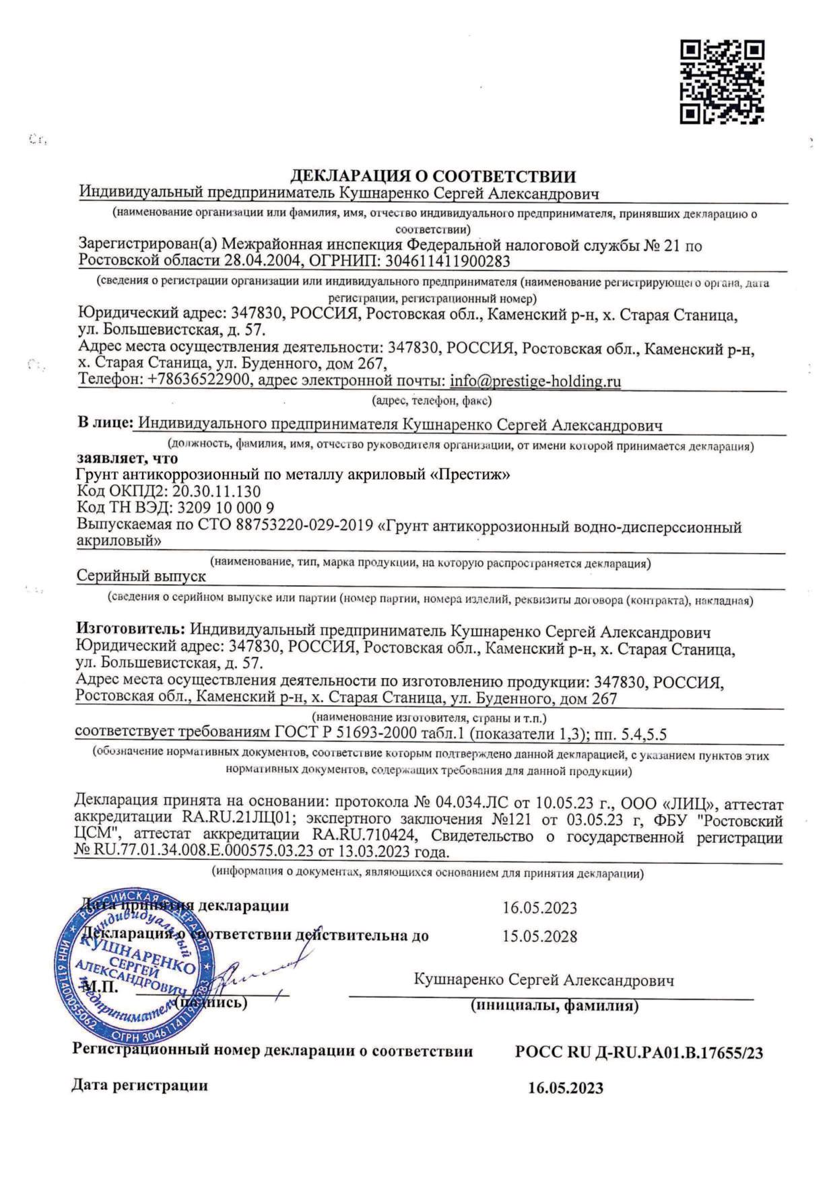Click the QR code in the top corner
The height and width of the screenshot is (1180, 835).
[721, 82]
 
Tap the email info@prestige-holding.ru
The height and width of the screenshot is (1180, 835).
[535, 381]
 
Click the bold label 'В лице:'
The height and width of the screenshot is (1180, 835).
[105, 424]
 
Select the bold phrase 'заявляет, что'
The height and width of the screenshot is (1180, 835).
[127, 458]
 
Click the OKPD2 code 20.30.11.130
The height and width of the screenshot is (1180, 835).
[216, 491]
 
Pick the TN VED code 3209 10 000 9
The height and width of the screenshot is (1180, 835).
[223, 507]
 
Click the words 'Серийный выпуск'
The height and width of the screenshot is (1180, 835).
[141, 576]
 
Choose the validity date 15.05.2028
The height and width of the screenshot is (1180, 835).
[539, 936]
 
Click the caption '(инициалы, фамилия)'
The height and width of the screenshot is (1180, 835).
[554, 1006]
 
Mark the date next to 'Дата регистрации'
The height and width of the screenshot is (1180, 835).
[565, 1088]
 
